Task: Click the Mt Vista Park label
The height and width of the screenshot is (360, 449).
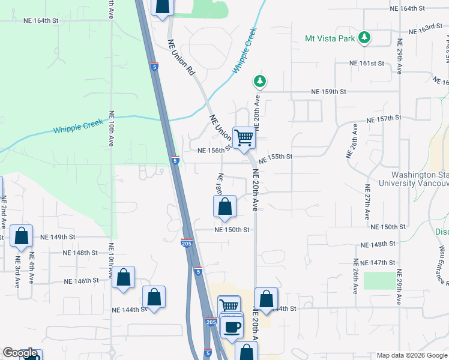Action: [x=330, y=38]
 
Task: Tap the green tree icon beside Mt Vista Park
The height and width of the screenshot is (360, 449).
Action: [x=364, y=38]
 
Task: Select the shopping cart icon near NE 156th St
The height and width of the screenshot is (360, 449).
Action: [x=244, y=137]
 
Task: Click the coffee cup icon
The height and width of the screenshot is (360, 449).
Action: [x=231, y=328]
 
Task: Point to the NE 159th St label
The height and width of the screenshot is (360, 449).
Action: [x=329, y=92]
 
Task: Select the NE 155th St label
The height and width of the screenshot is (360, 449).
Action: [x=276, y=157]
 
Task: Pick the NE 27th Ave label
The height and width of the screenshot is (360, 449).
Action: [x=367, y=201]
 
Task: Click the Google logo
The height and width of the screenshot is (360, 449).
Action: [x=20, y=353]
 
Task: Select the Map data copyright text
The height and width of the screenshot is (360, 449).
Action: [x=412, y=355]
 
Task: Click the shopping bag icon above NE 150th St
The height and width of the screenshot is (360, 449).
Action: [x=224, y=207]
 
